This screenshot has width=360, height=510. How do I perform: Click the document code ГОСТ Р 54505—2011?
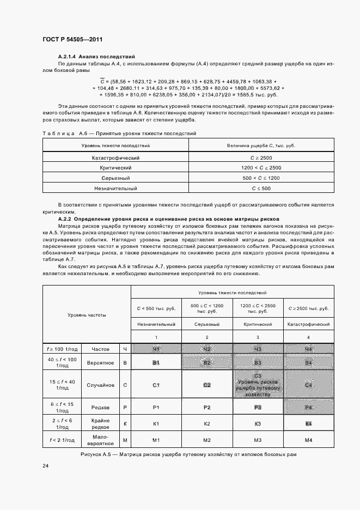(72, 40)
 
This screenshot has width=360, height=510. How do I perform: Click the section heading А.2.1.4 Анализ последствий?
(96, 57)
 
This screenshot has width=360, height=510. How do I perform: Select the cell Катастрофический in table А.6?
(116, 157)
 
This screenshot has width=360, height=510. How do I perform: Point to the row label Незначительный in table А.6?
(116, 188)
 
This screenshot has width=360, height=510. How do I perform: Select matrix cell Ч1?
(156, 348)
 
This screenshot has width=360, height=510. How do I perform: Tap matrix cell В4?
(308, 362)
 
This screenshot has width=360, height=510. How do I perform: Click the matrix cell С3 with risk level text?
(258, 385)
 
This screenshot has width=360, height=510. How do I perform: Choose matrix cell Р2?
(207, 407)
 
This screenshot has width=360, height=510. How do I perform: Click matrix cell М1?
(156, 440)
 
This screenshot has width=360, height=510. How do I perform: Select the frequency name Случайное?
(100, 385)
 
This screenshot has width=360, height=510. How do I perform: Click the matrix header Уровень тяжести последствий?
(233, 293)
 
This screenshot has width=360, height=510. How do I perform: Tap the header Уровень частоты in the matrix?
(87, 315)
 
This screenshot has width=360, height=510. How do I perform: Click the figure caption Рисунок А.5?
(188, 454)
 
